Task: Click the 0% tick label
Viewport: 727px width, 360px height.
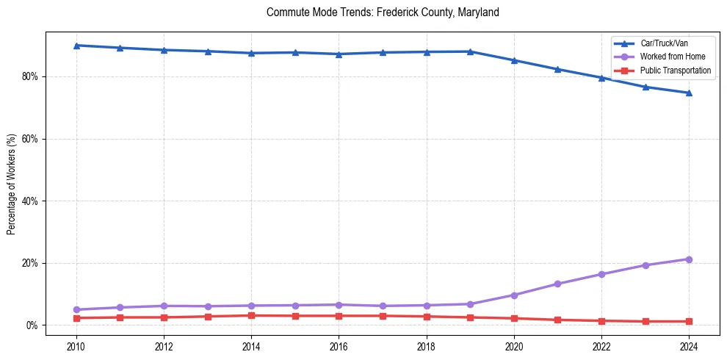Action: tap(32, 325)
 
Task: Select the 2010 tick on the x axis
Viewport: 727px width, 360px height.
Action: tap(76, 346)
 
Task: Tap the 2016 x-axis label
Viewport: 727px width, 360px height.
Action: tap(339, 346)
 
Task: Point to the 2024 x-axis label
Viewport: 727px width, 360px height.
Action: tap(689, 346)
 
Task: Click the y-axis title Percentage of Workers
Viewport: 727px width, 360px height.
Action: tap(12, 184)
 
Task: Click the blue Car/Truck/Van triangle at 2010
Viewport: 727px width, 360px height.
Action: tap(76, 46)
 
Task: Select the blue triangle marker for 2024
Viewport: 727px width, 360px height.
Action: tap(689, 93)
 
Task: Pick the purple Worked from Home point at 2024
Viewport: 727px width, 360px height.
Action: tap(689, 259)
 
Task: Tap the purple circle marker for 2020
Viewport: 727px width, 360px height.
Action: tap(514, 295)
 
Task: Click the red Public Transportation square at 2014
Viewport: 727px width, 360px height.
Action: tap(251, 315)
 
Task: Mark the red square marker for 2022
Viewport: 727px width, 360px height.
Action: tap(601, 320)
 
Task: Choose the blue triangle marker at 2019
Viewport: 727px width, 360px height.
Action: tap(470, 51)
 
